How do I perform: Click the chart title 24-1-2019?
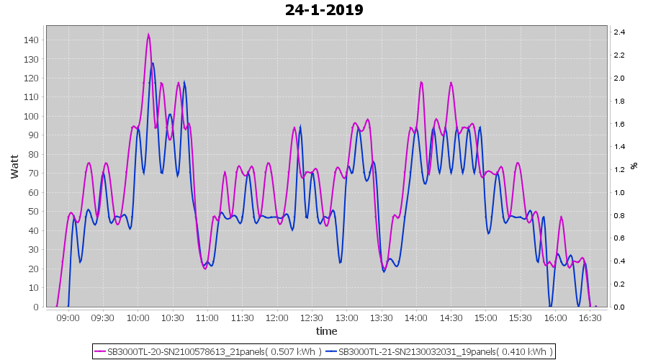pos(324,10)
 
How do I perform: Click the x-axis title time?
pos(326,331)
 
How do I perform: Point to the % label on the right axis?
pos(634,166)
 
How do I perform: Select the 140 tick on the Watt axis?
pos(32,40)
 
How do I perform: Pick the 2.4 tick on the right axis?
pos(618,32)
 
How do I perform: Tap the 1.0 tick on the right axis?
pos(618,193)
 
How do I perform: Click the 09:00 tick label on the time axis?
pos(68,318)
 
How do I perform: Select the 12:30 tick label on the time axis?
pos(312,318)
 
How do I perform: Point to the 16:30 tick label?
pos(590,318)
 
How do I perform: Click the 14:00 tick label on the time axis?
pos(416,318)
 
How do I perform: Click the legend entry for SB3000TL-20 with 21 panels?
pos(208,351)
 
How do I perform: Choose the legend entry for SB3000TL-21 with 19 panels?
pos(439,351)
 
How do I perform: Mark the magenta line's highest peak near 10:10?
pos(148,35)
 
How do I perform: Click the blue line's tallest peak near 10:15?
pos(153,64)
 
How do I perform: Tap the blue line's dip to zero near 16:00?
pos(550,306)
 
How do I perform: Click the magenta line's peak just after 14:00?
pos(421,82)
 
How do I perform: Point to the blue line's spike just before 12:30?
pos(301,127)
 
